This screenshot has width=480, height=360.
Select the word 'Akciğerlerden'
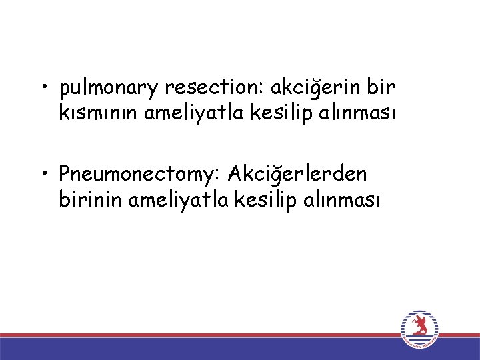pos(297,175)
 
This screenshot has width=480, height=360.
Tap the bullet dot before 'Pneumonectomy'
pos(43,175)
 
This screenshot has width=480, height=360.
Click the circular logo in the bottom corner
pos(419,329)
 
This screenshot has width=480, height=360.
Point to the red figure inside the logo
pos(419,326)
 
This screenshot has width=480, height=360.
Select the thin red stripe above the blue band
pos(200,335)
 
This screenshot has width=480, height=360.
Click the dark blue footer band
pos(200,349)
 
